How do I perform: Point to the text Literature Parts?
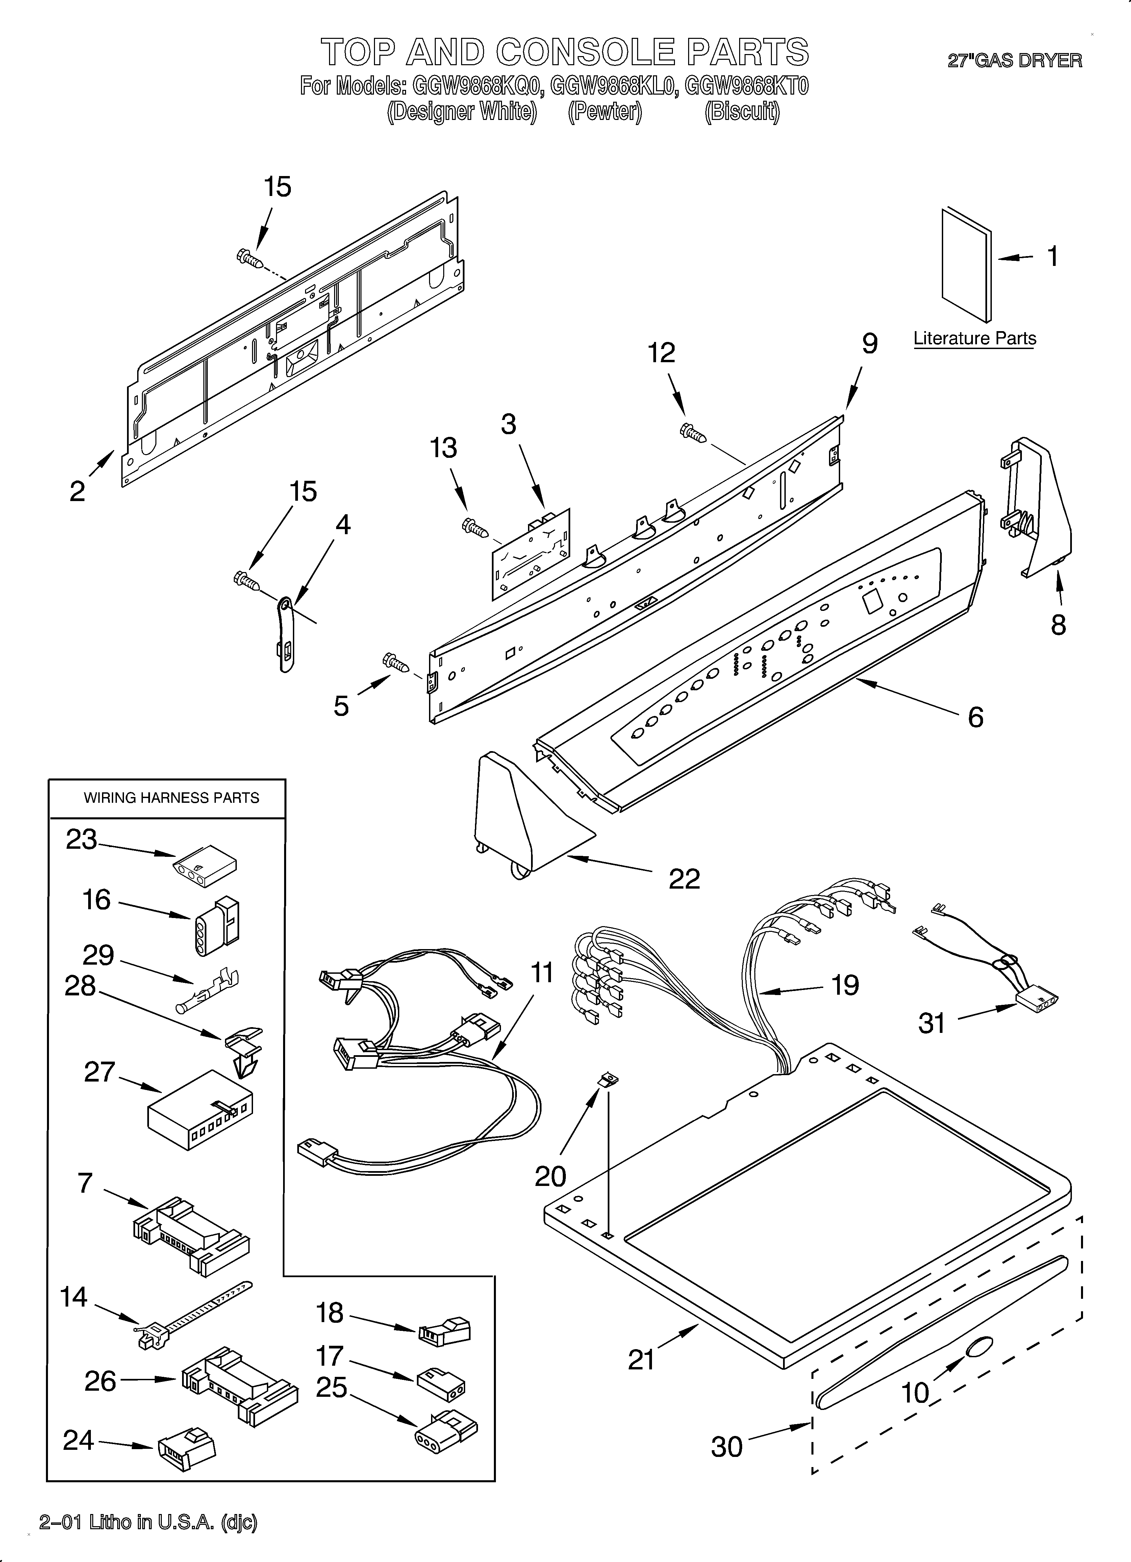(974, 338)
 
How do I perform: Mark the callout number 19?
(845, 986)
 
